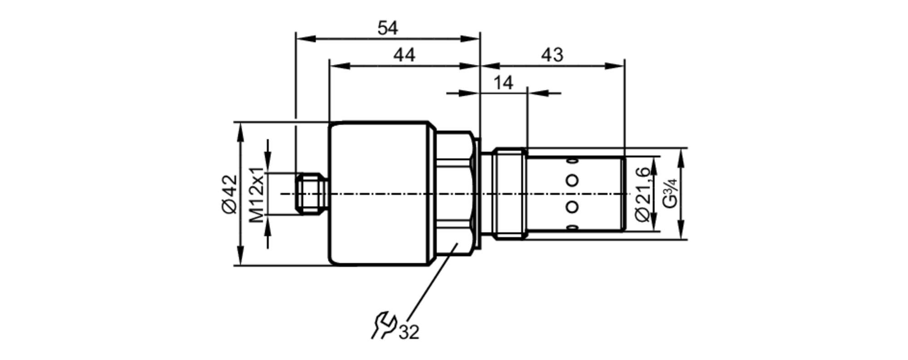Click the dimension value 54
[388, 28]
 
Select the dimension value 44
[404, 55]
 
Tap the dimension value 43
[552, 55]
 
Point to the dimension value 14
[503, 83]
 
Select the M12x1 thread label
[257, 195]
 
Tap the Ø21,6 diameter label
[643, 194]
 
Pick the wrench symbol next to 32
[383, 325]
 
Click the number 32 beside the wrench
[409, 332]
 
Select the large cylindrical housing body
[379, 194]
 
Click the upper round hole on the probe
[572, 180]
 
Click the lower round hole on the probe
[572, 207]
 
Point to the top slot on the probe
[572, 161]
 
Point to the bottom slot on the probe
[572, 227]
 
